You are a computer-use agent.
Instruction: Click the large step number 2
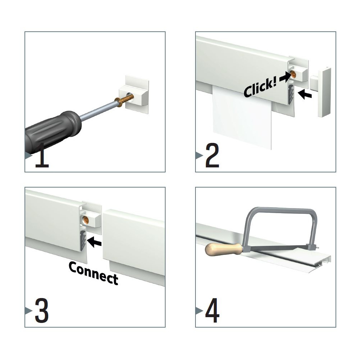point(212,155)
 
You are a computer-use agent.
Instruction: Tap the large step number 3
point(41,310)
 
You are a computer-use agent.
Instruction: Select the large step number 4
point(212,310)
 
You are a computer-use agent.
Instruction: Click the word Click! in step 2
point(260,88)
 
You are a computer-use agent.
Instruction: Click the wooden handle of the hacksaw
point(224,249)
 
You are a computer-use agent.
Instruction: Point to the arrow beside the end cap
point(305,94)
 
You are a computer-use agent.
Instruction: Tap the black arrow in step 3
point(94,242)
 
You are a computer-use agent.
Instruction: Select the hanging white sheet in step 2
point(242,117)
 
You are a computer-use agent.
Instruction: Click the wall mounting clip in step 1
point(134,95)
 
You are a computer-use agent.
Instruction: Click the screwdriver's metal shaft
point(98,112)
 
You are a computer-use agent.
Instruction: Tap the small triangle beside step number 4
point(199,311)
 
